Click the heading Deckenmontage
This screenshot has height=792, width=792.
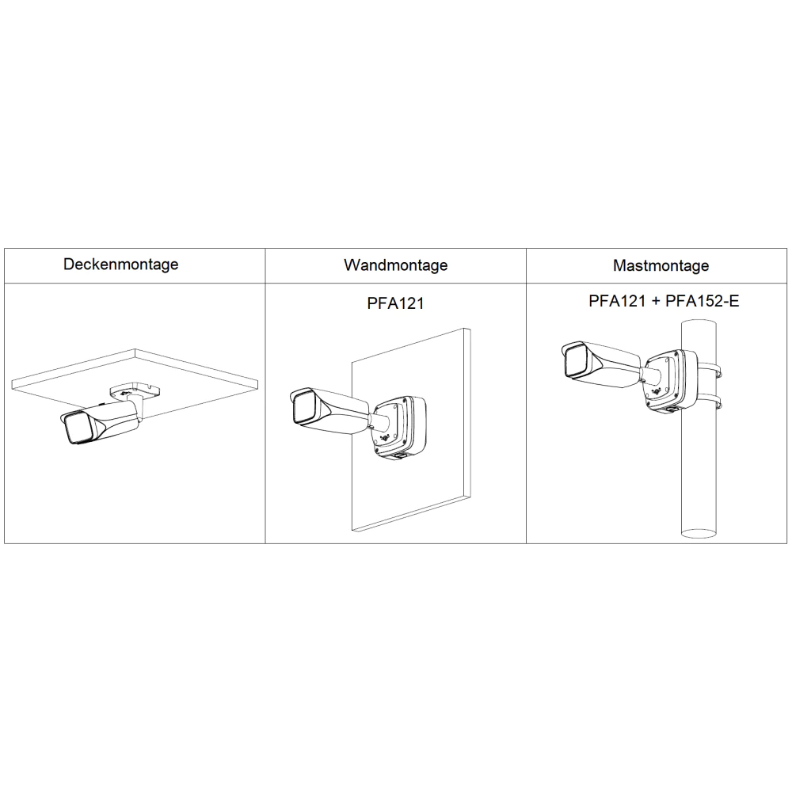click(x=120, y=265)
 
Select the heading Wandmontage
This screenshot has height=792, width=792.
click(x=395, y=265)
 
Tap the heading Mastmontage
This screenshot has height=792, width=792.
click(x=661, y=265)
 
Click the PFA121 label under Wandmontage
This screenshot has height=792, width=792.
click(x=395, y=303)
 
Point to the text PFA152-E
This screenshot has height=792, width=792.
click(x=702, y=301)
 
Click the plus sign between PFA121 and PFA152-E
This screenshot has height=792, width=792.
click(x=656, y=302)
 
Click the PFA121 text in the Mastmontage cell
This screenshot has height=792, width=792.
click(x=617, y=301)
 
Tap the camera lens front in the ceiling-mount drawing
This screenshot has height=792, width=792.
click(x=78, y=428)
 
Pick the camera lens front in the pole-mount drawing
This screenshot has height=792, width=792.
click(x=577, y=360)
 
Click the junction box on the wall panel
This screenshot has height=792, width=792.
click(x=401, y=428)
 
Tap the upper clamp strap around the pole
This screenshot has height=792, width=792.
click(x=709, y=369)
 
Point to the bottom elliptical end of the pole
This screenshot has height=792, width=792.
click(x=699, y=532)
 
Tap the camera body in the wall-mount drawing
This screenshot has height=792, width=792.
click(x=329, y=409)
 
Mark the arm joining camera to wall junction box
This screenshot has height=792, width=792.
click(x=379, y=421)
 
